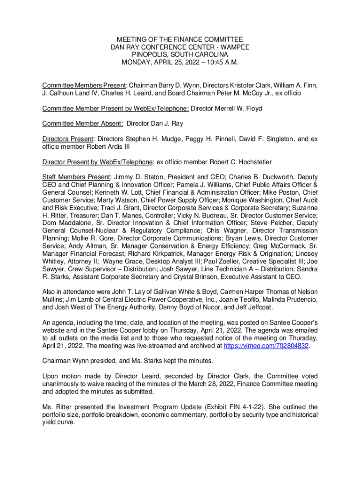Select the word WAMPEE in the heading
(x=232, y=47)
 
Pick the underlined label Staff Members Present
(x=76, y=178)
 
